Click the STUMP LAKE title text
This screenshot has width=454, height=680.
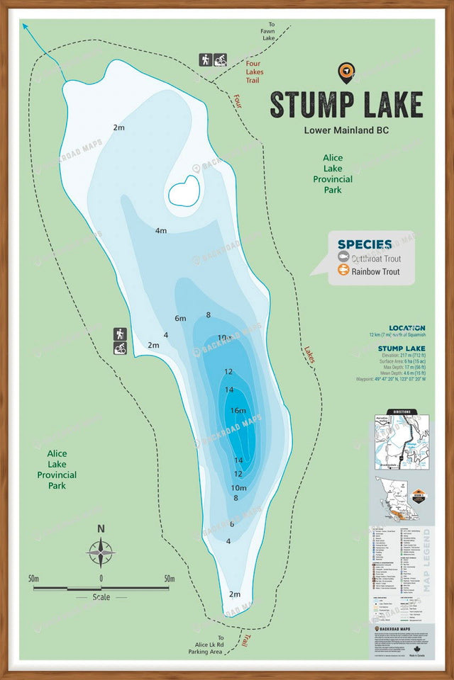coord(346,104)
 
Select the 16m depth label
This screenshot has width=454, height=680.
coord(238,410)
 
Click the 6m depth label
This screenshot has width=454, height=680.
coord(180,318)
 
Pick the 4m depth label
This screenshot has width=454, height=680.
coord(160,230)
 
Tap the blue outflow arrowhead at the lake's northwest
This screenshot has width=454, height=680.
coord(26,26)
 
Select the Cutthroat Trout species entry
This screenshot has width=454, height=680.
coord(374,259)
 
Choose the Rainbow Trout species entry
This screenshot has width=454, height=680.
coord(374,271)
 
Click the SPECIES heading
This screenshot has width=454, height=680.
coord(365,244)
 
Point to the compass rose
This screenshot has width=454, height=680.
coord(101,552)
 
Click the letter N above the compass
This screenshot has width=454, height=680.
coord(101,528)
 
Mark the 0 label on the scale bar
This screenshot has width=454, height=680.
coord(101,579)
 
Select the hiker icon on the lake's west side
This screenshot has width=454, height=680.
coord(120,334)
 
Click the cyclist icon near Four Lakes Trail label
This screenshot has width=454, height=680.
coord(221,60)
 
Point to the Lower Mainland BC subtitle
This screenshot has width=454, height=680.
coord(346,130)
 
